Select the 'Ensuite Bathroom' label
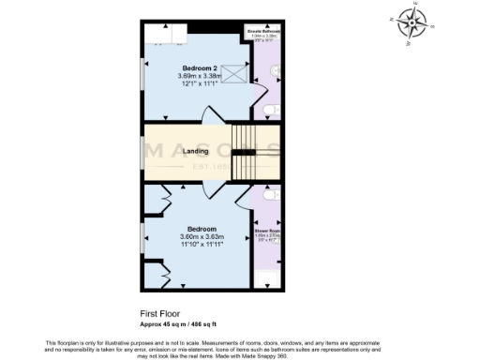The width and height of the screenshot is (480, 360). point(262,30)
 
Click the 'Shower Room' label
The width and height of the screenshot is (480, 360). point(266,230)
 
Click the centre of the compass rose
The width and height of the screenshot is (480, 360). point(412,22)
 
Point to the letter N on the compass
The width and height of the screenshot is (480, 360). point(391,16)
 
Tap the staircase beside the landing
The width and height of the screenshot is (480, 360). point(244,152)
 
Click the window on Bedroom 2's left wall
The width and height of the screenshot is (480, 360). point(142,74)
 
